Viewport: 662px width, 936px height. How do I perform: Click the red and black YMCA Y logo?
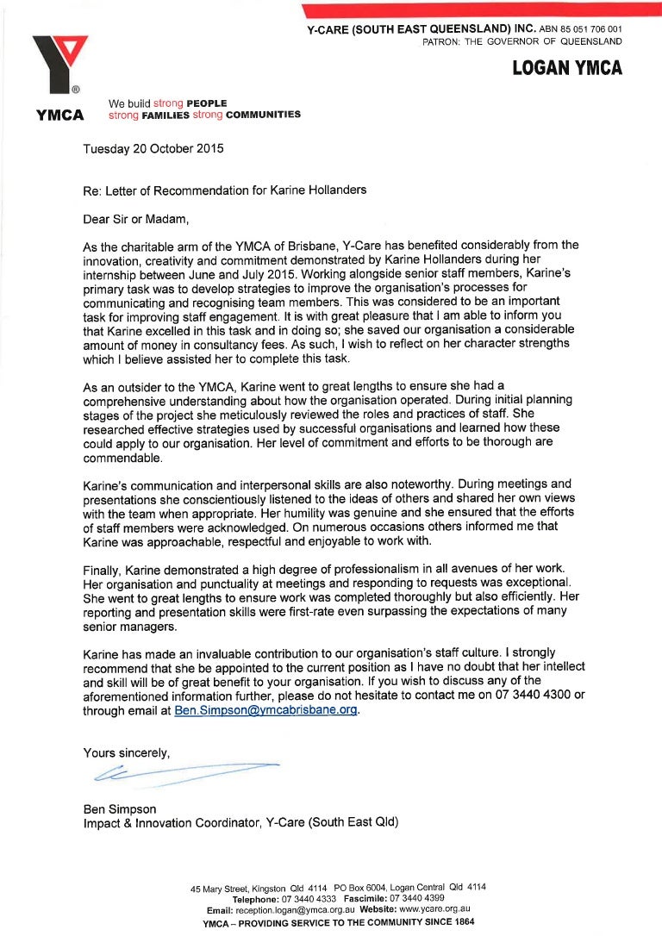click(59, 64)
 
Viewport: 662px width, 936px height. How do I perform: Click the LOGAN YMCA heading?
click(566, 68)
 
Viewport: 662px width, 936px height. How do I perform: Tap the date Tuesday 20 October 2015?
click(153, 148)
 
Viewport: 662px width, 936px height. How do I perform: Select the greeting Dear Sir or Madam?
click(135, 219)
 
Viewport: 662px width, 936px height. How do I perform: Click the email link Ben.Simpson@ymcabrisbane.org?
click(265, 711)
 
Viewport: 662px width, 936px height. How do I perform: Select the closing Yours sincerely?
click(127, 752)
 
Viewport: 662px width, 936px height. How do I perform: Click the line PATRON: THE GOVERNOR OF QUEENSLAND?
click(521, 41)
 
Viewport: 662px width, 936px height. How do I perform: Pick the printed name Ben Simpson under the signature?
click(120, 808)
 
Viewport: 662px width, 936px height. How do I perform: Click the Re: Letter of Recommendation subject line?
click(224, 190)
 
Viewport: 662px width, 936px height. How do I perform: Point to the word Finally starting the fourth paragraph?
click(103, 569)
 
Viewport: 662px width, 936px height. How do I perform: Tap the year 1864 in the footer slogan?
click(461, 921)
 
